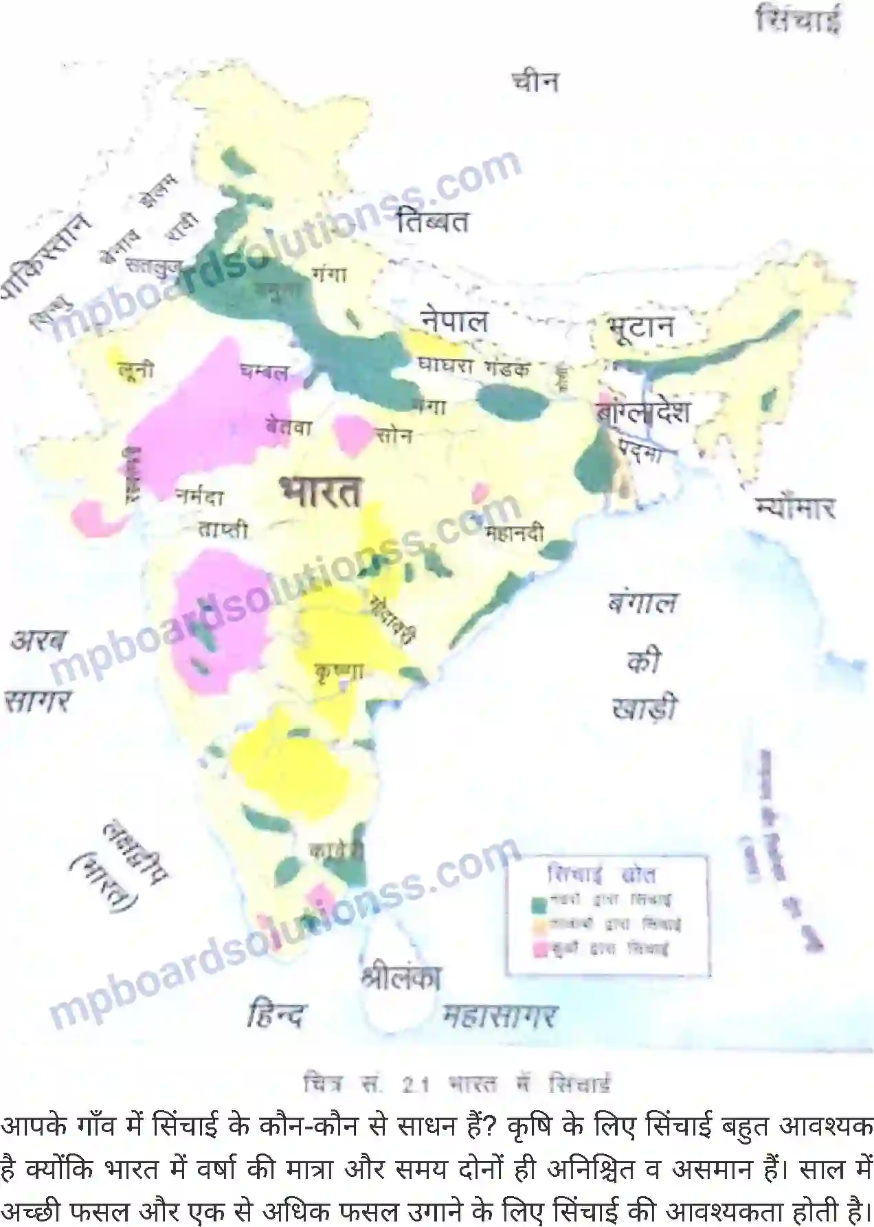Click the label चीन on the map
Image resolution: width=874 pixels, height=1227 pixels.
click(x=535, y=82)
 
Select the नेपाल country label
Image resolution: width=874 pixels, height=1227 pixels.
click(x=454, y=320)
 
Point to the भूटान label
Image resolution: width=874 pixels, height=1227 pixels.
click(x=640, y=327)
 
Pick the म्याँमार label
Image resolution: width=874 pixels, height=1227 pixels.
click(x=795, y=508)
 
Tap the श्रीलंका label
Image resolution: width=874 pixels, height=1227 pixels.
click(x=401, y=977)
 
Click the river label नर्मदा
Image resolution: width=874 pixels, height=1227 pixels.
click(x=199, y=496)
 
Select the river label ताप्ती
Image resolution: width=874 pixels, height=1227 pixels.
click(x=223, y=529)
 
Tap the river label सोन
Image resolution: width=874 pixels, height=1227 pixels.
click(x=394, y=435)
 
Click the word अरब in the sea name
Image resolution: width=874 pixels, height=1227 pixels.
click(x=38, y=641)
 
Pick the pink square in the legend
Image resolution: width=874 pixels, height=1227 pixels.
click(x=539, y=950)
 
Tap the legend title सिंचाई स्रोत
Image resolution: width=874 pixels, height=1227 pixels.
click(x=602, y=874)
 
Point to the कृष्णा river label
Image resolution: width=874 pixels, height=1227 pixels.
click(x=337, y=670)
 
